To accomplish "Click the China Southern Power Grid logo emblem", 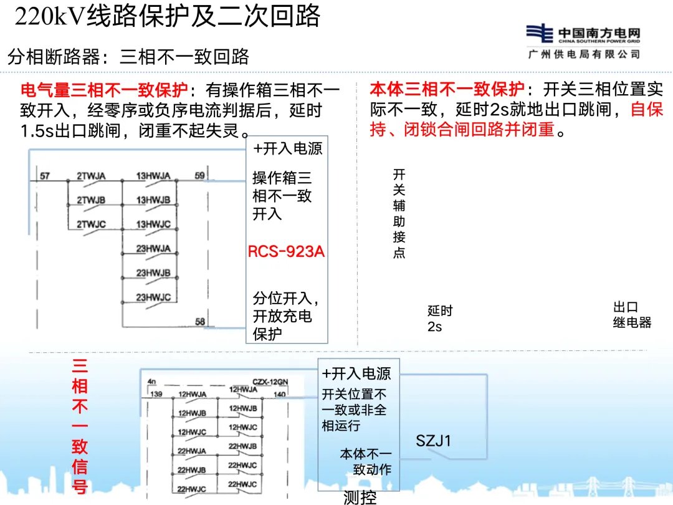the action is (540, 33).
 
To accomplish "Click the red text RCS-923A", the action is (286, 252).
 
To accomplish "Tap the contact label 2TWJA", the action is (91, 176).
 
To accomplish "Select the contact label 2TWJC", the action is (91, 224).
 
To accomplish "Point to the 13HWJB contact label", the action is (153, 200).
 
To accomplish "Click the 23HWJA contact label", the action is (153, 249).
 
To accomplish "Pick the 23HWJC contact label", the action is (153, 297).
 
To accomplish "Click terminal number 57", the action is (45, 176).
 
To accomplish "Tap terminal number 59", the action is (199, 176).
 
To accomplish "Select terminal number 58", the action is (200, 322).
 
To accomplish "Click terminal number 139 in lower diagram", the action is (156, 394).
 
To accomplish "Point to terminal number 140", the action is (280, 394).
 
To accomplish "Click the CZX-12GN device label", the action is (269, 381).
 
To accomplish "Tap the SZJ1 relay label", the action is (434, 441).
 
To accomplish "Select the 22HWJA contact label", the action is (191, 451).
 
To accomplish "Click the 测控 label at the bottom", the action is (360, 498).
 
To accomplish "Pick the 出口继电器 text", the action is (632, 315).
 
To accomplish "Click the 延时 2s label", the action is (440, 318).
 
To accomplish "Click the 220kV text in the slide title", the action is (50, 17).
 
